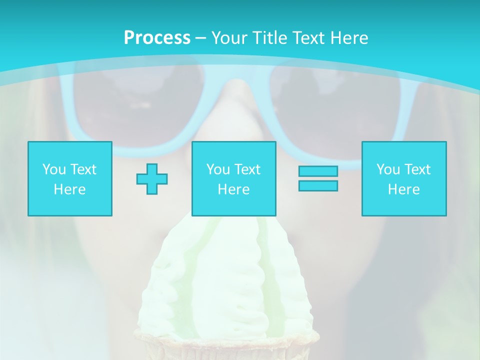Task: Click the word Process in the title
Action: (x=157, y=37)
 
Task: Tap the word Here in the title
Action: (x=348, y=37)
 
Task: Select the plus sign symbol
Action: (x=152, y=178)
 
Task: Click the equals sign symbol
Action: (x=318, y=178)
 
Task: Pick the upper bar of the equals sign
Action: (x=318, y=171)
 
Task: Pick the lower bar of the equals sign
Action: (x=318, y=185)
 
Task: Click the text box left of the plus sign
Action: (x=70, y=178)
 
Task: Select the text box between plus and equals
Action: (x=234, y=178)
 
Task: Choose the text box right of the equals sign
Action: (x=404, y=178)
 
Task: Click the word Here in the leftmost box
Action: (x=70, y=189)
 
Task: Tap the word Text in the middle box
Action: (x=247, y=169)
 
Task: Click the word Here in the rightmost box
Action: (x=404, y=189)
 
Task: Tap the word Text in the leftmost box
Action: (x=83, y=169)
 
